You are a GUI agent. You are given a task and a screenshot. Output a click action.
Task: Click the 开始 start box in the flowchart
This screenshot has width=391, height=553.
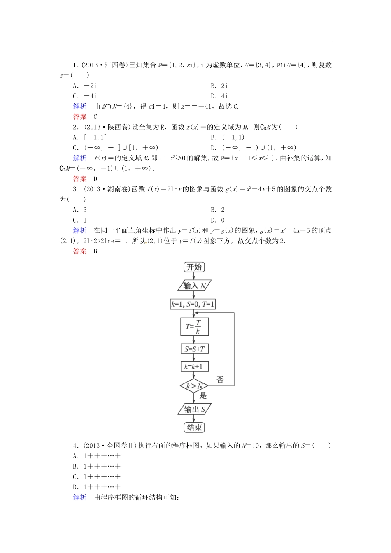click(x=194, y=267)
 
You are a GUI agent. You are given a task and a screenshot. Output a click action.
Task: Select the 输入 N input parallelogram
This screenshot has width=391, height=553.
click(x=194, y=286)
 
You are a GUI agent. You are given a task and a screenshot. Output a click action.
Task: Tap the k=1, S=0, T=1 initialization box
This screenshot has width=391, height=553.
click(x=193, y=304)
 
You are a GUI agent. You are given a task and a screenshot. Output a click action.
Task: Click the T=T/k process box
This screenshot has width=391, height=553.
click(x=194, y=326)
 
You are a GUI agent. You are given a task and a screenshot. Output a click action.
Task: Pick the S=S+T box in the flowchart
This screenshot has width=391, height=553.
click(x=194, y=349)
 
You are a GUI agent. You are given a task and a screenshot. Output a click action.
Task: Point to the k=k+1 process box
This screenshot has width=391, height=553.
click(x=194, y=366)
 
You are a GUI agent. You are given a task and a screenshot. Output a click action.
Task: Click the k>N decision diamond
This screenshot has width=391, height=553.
click(x=194, y=386)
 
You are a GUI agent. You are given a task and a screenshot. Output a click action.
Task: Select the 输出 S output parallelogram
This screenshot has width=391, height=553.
click(x=194, y=409)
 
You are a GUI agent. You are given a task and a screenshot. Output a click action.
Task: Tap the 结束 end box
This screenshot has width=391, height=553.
click(x=194, y=428)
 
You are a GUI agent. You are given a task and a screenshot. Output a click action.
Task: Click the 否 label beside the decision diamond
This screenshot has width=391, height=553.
click(x=220, y=380)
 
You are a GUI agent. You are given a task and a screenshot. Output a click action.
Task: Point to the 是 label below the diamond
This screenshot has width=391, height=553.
click(x=203, y=396)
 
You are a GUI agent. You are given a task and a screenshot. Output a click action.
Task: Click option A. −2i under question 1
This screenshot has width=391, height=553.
click(x=85, y=86)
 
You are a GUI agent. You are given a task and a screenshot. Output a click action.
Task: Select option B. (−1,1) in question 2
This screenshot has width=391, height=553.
click(x=228, y=137)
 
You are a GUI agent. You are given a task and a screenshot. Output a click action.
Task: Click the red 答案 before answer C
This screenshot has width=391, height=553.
click(x=80, y=116)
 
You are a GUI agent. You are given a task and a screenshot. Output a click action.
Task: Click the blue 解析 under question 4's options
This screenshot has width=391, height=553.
click(x=80, y=497)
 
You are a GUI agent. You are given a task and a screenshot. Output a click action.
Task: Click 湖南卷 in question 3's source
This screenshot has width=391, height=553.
click(x=117, y=189)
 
